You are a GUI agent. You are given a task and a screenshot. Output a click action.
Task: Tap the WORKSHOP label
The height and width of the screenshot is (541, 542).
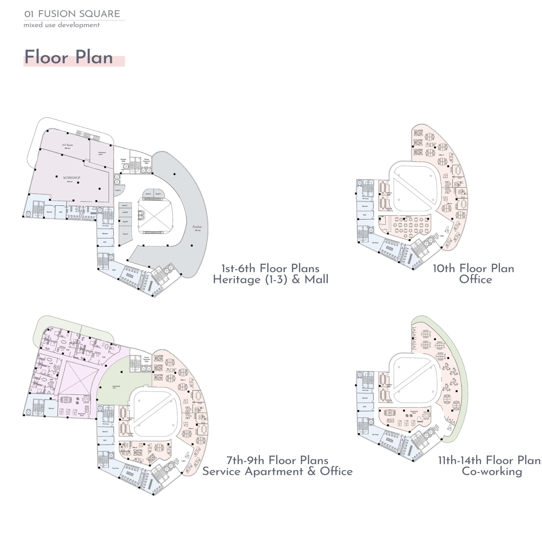coord(72,178)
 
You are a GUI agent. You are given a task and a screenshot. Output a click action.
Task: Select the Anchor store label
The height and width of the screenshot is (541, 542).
coord(197,227)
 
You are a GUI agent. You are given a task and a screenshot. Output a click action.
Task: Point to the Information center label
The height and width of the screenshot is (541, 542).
coord(102,153)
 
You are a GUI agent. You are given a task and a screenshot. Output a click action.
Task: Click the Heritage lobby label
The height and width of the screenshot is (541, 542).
coord(123,160)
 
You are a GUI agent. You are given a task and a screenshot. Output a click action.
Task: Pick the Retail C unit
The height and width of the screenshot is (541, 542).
coord(125,234)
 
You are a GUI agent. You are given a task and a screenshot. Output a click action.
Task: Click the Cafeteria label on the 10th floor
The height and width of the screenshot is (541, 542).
coord(408,217)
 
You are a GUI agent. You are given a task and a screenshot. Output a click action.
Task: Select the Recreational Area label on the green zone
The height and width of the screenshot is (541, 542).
coord(116,387)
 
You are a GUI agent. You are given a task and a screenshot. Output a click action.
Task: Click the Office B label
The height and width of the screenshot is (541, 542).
coord(135,447)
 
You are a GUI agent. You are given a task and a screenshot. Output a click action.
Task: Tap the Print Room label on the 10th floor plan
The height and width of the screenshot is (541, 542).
coord(375,243)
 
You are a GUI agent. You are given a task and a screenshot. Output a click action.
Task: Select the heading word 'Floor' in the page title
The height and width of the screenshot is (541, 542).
coord(46,57)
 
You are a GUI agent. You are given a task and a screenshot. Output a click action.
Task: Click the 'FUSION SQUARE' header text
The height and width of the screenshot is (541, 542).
coord(79,14)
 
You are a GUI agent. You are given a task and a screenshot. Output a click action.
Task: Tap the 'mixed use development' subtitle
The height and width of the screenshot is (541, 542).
coord(61,25)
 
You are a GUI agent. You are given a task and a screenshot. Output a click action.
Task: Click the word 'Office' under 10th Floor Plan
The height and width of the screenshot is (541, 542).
coord(476,279)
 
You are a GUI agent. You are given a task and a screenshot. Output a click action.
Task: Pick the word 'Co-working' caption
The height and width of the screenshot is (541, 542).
coord(492,471)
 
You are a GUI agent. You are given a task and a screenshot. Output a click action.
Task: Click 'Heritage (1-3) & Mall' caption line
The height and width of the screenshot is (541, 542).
coord(270,279)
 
